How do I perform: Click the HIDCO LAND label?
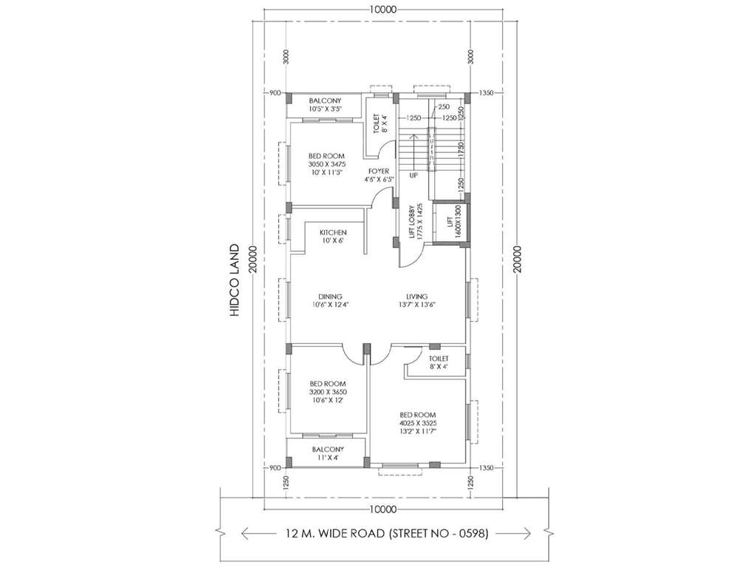(x=236, y=281)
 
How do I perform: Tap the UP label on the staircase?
(x=413, y=176)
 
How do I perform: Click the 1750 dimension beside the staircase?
(x=461, y=148)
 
